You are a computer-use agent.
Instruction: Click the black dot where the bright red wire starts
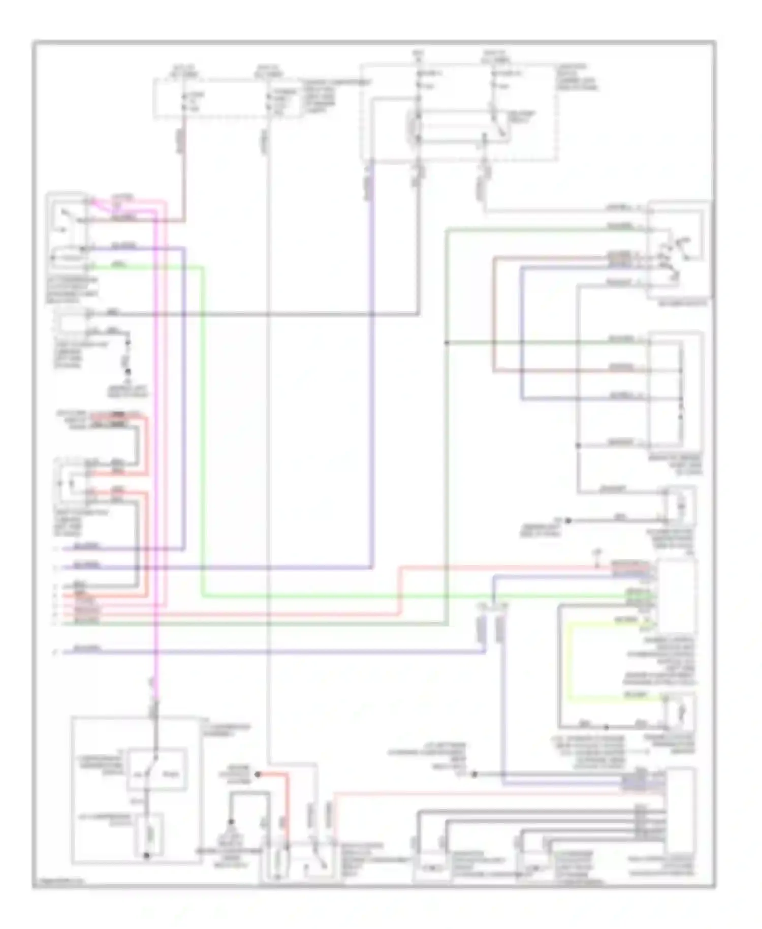pos(258,775)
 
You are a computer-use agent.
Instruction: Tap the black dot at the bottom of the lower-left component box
pos(147,856)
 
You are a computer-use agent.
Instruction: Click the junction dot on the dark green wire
pos(447,343)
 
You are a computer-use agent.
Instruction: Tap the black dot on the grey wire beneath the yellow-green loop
pos(606,727)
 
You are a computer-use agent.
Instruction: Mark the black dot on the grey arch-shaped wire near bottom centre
pos(231,822)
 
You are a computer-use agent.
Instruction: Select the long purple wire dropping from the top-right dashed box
pos(372,356)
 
